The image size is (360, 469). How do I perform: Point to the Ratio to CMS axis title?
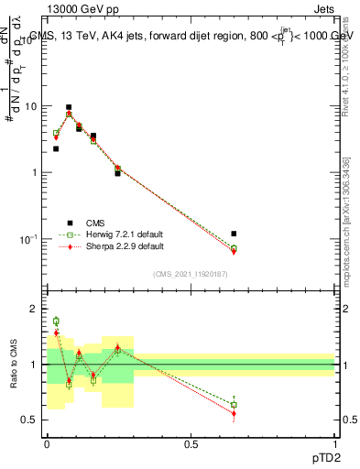click(x=15, y=365)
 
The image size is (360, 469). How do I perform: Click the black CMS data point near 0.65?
click(x=234, y=234)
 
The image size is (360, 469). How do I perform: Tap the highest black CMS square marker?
click(x=69, y=107)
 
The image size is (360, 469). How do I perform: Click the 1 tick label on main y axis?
click(x=35, y=172)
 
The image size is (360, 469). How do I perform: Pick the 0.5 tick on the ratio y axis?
click(x=30, y=420)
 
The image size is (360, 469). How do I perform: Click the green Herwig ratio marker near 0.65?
click(x=234, y=405)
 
